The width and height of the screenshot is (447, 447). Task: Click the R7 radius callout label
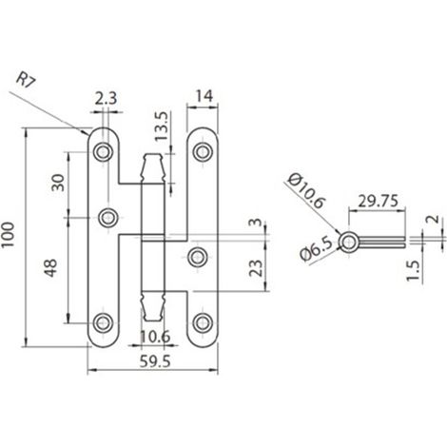(27, 80)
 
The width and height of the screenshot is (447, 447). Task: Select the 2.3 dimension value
(106, 98)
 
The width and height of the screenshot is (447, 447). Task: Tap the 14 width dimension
(203, 96)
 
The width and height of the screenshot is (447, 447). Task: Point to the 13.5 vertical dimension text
(161, 126)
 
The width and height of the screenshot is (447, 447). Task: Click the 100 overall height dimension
(8, 235)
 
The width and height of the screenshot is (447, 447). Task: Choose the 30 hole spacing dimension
(58, 183)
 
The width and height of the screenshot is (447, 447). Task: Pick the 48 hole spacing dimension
(50, 268)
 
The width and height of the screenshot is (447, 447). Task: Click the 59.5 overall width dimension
(155, 361)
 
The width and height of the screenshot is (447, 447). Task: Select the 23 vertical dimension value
(256, 268)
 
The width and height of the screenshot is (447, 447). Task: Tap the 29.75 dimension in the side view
(378, 201)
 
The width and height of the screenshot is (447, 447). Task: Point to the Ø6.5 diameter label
(316, 250)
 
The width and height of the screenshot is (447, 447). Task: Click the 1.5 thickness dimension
(414, 270)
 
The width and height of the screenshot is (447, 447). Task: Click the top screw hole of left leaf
(103, 152)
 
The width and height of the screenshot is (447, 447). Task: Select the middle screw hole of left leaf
(108, 218)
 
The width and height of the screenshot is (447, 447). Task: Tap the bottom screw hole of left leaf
(103, 323)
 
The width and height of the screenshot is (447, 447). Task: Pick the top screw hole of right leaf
(203, 152)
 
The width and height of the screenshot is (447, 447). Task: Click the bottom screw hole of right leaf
(203, 323)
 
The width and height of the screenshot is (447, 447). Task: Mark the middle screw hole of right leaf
(198, 257)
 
